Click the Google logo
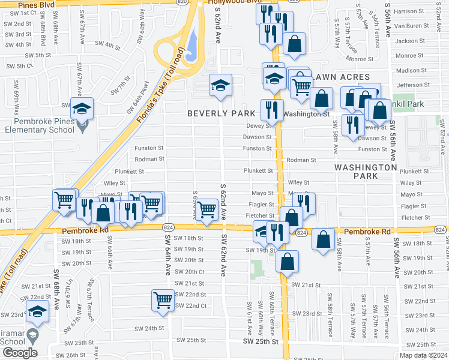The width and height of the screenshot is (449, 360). click(x=19, y=353)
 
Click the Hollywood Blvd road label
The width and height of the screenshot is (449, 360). click(x=236, y=2)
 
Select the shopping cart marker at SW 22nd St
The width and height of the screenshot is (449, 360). click(x=163, y=300)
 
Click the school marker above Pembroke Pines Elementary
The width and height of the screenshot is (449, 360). click(x=82, y=108)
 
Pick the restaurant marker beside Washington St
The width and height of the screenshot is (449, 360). click(x=272, y=110)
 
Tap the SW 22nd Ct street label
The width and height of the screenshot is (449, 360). click(x=191, y=305)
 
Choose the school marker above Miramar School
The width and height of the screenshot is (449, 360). click(x=37, y=312)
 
